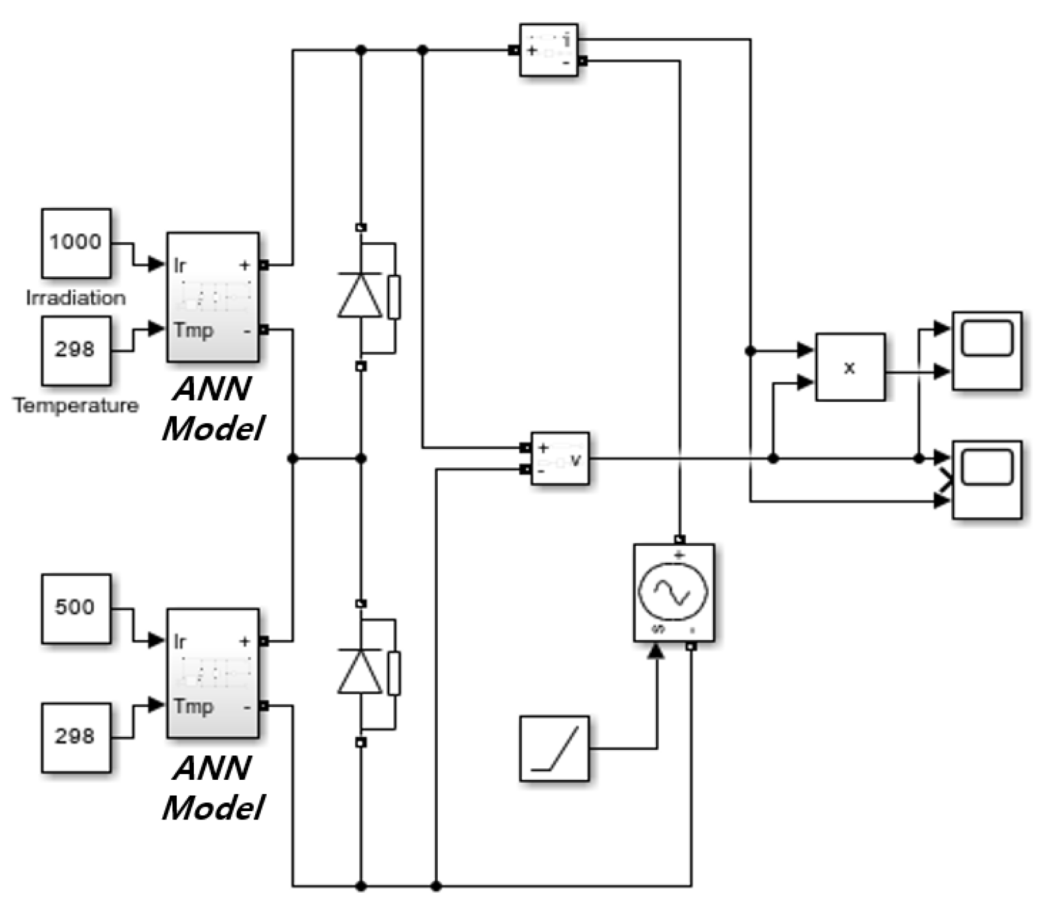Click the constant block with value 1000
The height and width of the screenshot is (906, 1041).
[76, 243]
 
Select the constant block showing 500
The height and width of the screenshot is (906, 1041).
[76, 608]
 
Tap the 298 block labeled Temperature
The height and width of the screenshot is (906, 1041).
[76, 350]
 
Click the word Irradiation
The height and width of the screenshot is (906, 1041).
[76, 298]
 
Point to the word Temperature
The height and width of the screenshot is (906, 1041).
[76, 406]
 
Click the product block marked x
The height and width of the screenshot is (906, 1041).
[850, 367]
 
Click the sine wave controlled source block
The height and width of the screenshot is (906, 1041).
[673, 593]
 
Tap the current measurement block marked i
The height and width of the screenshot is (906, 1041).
[549, 50]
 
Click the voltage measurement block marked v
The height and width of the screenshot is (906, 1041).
[560, 458]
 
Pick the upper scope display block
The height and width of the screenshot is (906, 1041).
[986, 350]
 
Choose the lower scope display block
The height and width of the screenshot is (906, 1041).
[986, 479]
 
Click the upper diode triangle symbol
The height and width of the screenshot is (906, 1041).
[360, 296]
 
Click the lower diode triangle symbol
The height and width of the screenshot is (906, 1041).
[360, 673]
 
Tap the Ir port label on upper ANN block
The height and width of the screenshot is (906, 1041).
[179, 265]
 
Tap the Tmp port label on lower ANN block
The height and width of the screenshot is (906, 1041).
[193, 706]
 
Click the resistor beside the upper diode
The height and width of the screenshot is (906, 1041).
[394, 297]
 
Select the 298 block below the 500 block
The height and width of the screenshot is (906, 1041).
[76, 737]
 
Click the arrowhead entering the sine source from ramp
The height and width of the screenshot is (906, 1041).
[656, 651]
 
